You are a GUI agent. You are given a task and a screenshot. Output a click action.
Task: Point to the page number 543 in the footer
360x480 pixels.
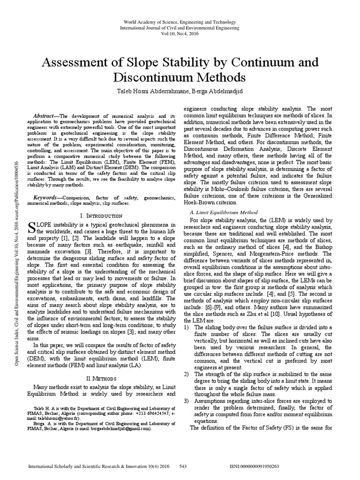184,467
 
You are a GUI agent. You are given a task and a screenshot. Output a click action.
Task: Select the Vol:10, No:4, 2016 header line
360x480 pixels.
180,34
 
